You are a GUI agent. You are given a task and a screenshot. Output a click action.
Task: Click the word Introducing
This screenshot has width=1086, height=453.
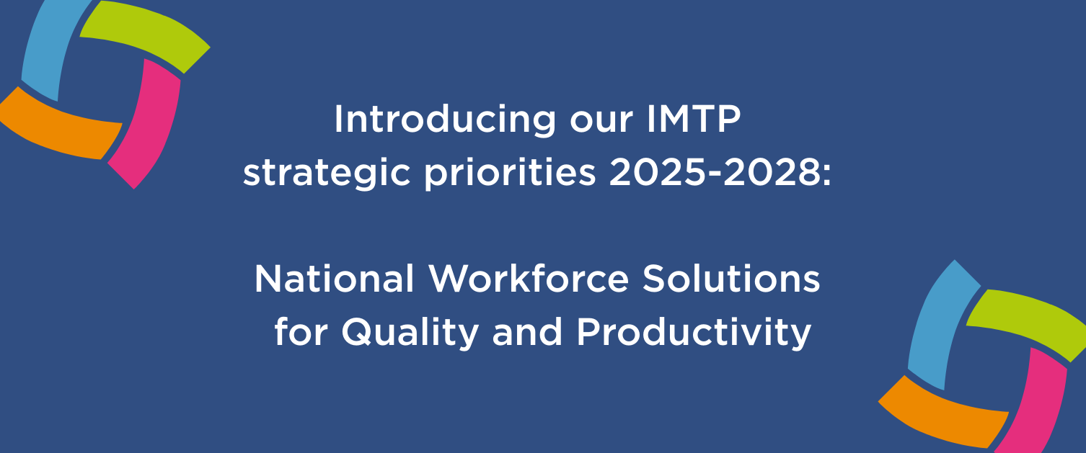pyautogui.click(x=445, y=121)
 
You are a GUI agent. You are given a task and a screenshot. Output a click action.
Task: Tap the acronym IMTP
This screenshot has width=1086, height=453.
pyautogui.click(x=694, y=119)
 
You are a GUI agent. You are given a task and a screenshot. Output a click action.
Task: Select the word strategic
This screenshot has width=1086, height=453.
pyautogui.click(x=327, y=174)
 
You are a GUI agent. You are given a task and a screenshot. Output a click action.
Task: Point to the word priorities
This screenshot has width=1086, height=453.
pyautogui.click(x=510, y=174)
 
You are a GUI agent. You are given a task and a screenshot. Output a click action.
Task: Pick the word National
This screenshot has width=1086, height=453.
pyautogui.click(x=335, y=279)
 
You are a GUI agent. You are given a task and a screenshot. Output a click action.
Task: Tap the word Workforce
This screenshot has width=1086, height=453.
pyautogui.click(x=529, y=279)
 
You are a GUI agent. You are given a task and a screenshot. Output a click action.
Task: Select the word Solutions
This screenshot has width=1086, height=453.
pyautogui.click(x=732, y=279)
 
